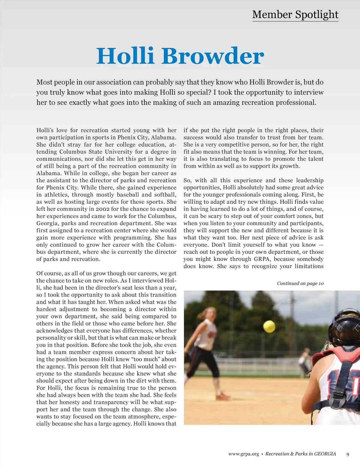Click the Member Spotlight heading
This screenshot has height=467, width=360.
[x=295, y=14]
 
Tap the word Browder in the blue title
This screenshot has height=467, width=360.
[x=213, y=56]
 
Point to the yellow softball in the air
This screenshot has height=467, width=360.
[x=269, y=326]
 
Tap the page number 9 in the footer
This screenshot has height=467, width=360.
[x=348, y=454]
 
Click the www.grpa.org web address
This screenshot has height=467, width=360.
[x=243, y=454]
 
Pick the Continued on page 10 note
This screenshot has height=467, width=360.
[x=300, y=283]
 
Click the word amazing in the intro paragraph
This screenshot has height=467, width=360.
[x=228, y=103]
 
